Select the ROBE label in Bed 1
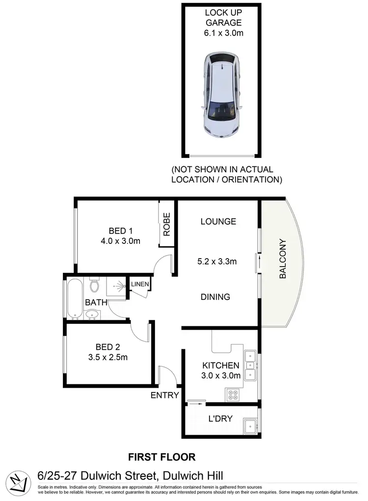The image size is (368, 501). click(167, 224)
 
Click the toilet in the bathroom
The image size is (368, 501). click(95, 284)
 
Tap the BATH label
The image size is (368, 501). click(96, 303)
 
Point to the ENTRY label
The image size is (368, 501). click(164, 395)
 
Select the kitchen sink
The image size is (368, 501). click(250, 365)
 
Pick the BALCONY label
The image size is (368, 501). click(283, 259)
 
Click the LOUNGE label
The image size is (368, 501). click(218, 221)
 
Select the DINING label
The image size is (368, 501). click(215, 297)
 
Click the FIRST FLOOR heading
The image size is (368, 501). click(162, 457)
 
